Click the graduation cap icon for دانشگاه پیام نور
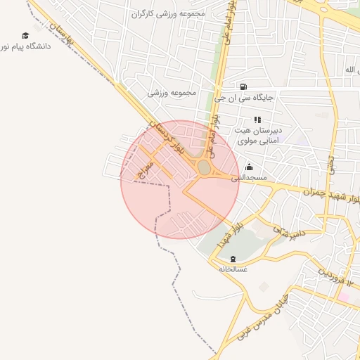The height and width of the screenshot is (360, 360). (x=26, y=36)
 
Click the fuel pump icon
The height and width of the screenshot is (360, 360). (x=243, y=87)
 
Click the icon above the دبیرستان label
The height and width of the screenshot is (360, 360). (x=257, y=120)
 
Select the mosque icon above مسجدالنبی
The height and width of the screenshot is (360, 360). (x=249, y=167)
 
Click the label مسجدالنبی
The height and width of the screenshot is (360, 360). (x=250, y=178)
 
